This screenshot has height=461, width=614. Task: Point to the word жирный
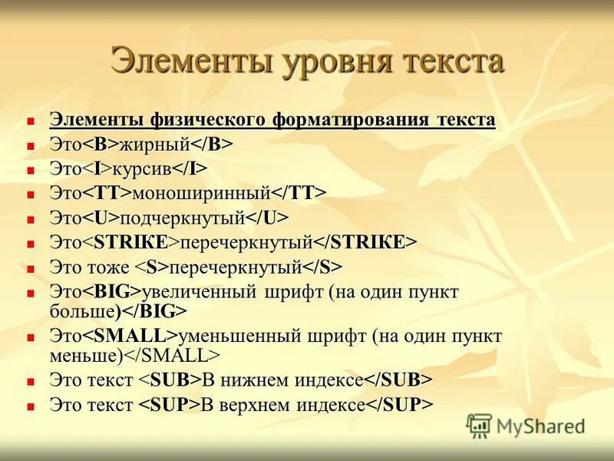coord(159,144)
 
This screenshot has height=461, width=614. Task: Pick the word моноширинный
coord(202,193)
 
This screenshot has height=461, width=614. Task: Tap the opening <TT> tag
coord(107,193)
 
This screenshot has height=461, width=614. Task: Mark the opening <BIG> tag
coord(113,292)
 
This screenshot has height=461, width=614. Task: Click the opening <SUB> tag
coord(170,380)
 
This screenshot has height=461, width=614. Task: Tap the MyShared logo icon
coord(479,426)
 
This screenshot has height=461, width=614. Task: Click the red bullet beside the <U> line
coord(31,219)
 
